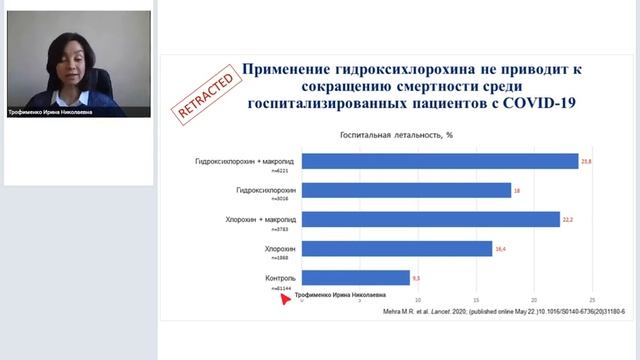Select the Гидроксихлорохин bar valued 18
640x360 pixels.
[x=406, y=190]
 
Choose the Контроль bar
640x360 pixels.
[x=356, y=277]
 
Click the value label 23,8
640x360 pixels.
[x=587, y=161]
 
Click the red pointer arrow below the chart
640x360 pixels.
[x=285, y=296]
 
